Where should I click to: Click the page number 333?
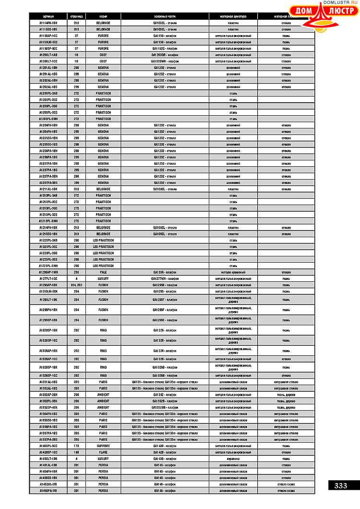[x=341, y=485]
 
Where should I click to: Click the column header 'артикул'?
[x=48, y=16]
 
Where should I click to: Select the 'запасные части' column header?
[x=165, y=16]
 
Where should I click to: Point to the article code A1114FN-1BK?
[x=48, y=23]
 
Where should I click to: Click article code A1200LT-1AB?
[x=48, y=55]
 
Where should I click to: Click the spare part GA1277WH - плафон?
[x=165, y=279]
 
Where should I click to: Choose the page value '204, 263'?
[x=76, y=285]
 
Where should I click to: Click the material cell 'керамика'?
[x=233, y=459]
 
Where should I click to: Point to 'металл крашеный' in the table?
[x=233, y=272]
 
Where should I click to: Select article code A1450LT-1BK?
[x=48, y=459]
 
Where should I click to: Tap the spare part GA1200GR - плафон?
[x=165, y=55]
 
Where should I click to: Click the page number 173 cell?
[x=76, y=446]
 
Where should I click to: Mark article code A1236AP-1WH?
[x=48, y=272]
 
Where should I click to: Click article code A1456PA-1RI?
[x=48, y=491]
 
